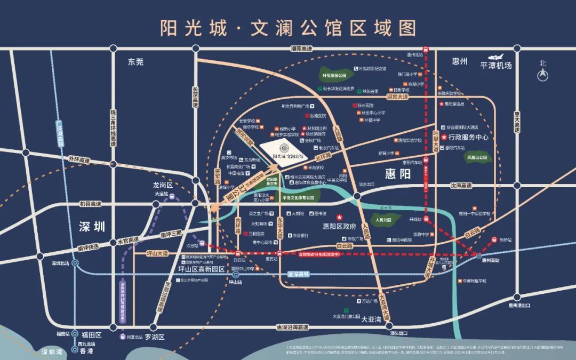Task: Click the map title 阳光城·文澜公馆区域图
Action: coord(288,27)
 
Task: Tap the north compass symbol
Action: coord(542,75)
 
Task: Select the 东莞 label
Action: coord(135,62)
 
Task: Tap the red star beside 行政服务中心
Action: coord(444,137)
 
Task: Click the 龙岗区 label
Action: coord(163,185)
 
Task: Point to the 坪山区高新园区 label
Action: coord(201,269)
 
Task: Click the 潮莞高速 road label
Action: coord(301,49)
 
